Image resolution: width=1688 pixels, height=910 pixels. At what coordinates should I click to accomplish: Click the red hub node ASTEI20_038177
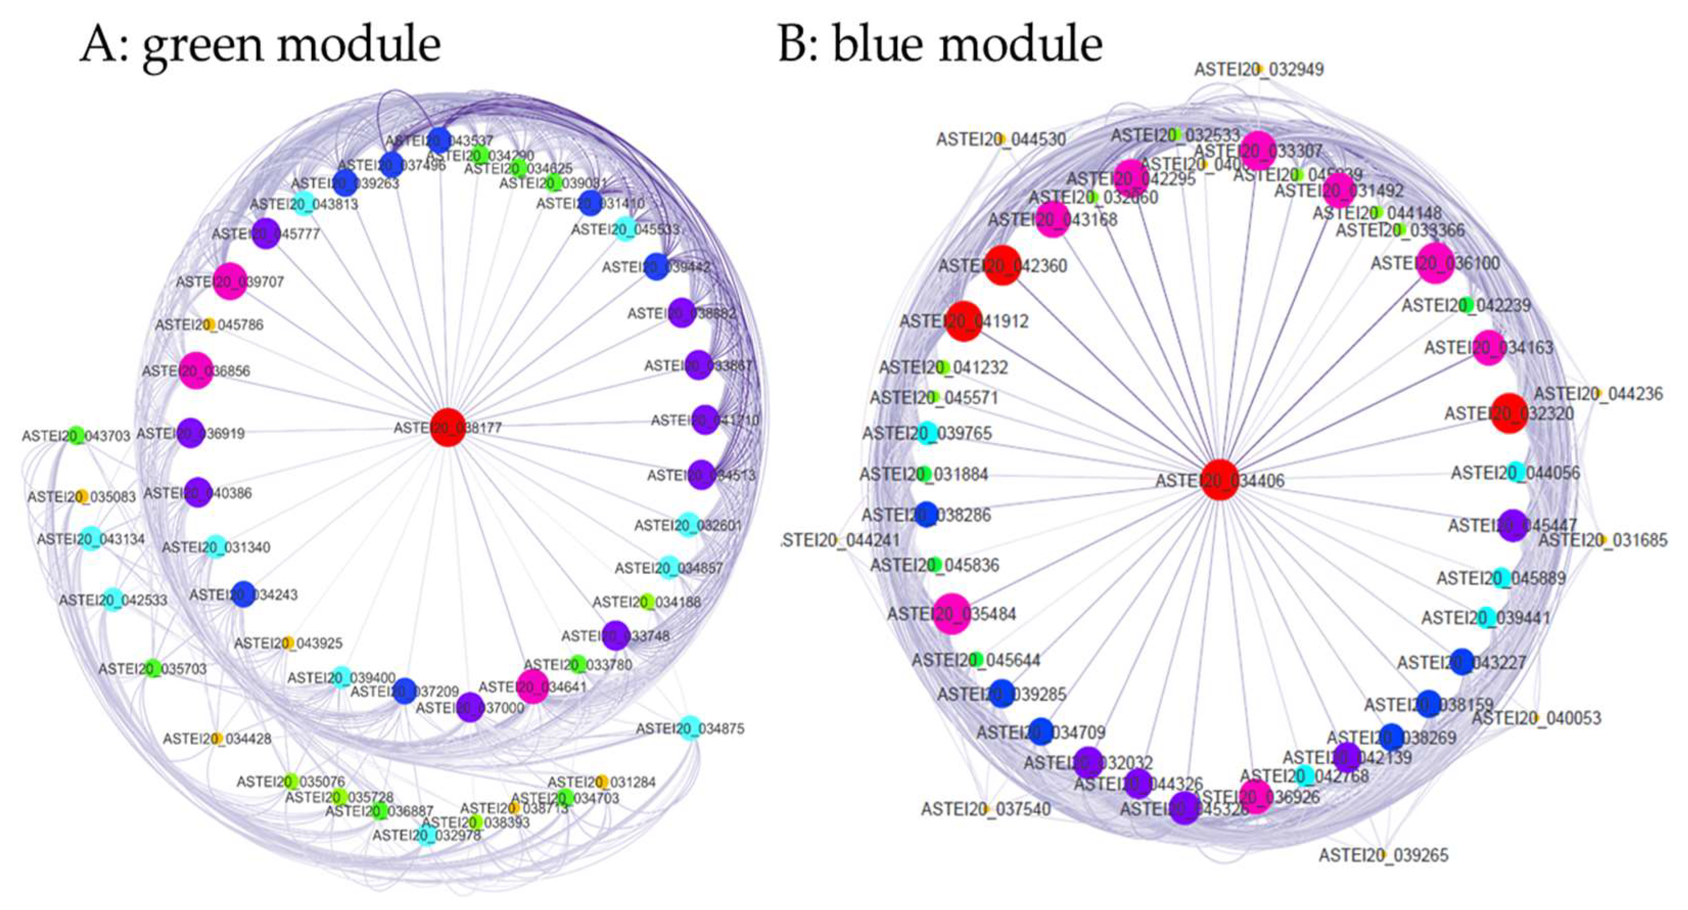click(x=448, y=427)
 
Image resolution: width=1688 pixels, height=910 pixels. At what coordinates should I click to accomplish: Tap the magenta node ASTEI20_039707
click(x=230, y=281)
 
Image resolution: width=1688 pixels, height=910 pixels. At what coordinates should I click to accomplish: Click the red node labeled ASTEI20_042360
click(x=1002, y=265)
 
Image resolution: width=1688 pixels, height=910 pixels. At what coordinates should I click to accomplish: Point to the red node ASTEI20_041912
click(x=964, y=321)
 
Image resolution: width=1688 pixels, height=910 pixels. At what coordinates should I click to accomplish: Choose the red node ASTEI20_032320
click(x=1510, y=413)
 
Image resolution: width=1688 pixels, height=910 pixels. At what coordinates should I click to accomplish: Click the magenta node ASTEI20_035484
click(x=951, y=613)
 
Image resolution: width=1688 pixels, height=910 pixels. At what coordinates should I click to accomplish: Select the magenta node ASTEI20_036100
click(x=1436, y=262)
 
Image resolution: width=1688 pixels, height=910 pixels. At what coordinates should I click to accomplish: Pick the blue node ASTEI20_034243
click(x=243, y=594)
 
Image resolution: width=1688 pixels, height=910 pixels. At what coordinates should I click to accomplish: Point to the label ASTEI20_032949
click(x=1259, y=69)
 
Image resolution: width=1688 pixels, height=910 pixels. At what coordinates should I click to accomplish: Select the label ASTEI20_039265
click(x=1384, y=855)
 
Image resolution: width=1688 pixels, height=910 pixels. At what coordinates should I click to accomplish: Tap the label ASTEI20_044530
click(x=1001, y=139)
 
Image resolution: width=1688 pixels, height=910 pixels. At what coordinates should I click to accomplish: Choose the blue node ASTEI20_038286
click(x=926, y=515)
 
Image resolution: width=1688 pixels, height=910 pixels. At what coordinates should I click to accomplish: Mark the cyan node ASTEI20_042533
click(x=113, y=599)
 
